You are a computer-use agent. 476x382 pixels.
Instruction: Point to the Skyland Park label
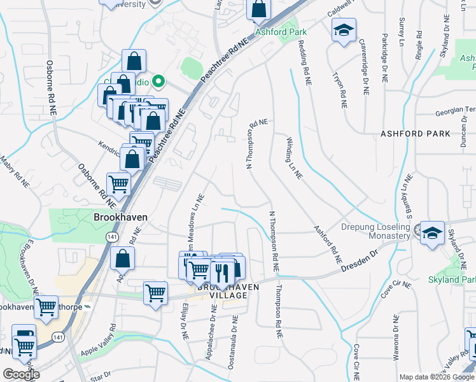click(452, 279)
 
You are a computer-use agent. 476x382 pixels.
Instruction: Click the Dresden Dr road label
click(359, 260)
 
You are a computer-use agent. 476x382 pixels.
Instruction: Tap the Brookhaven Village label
click(228, 292)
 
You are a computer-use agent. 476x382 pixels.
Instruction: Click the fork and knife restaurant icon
click(221, 272)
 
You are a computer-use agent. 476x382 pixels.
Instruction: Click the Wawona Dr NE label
click(395, 337)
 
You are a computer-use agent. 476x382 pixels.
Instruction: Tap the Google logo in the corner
click(20, 375)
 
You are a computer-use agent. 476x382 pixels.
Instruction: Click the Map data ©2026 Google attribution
click(436, 377)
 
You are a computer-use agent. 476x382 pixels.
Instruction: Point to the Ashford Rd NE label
click(327, 245)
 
